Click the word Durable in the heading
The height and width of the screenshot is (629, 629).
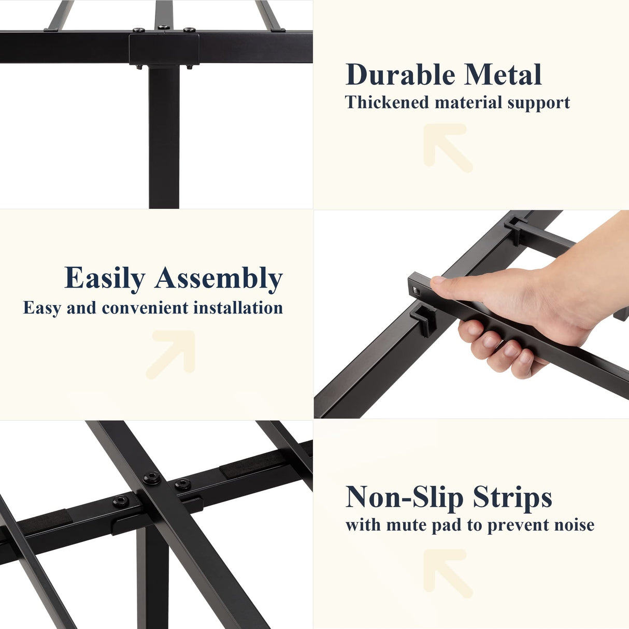click(400, 75)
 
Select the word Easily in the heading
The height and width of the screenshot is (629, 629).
click(105, 278)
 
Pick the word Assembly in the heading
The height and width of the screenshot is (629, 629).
click(219, 278)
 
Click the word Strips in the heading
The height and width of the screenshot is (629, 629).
click(512, 497)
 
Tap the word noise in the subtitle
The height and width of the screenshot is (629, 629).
click(574, 525)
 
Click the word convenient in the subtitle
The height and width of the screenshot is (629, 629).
click(145, 308)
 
